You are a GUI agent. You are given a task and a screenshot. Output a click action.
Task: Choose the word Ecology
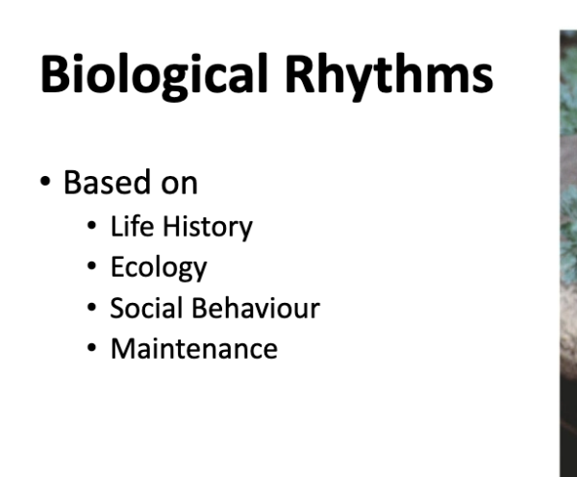(159, 267)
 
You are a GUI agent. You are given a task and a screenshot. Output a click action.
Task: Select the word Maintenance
(193, 348)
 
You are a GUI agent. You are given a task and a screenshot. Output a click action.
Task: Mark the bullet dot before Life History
(92, 228)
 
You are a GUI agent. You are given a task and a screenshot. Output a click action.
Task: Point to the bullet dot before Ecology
(92, 267)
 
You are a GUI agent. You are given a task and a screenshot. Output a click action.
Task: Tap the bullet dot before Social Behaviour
(92, 309)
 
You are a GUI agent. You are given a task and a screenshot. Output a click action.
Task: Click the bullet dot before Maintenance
(92, 349)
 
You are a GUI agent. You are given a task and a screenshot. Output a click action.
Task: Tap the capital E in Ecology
(117, 267)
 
